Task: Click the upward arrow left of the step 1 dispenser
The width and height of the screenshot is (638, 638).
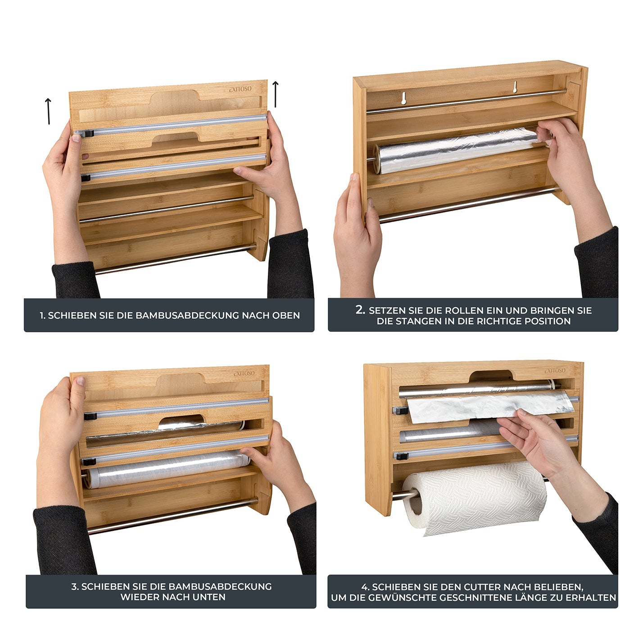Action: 48,111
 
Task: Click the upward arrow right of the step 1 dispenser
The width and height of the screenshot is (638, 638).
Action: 276,95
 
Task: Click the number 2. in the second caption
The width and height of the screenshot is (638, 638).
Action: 360,310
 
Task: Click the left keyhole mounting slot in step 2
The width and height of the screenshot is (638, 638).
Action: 404,98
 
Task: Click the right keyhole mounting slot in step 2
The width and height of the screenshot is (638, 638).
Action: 514,87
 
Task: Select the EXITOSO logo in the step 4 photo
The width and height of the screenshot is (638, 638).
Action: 555,371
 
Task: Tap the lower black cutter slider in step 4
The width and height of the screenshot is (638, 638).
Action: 400,456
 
